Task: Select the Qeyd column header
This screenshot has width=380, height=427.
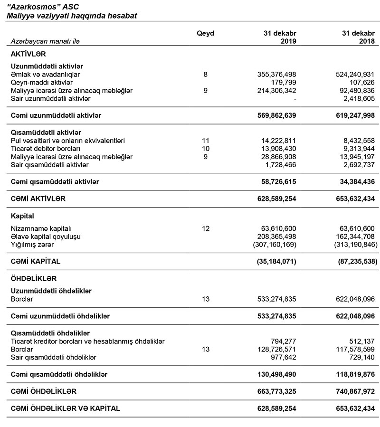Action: click(x=205, y=33)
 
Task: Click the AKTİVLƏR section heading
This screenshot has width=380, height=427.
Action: click(x=28, y=55)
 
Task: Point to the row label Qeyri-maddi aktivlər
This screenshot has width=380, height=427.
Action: click(x=41, y=83)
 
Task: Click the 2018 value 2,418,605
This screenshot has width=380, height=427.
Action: click(x=354, y=98)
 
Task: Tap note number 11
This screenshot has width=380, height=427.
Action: click(x=205, y=141)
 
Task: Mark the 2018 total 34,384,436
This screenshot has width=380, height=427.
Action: click(x=352, y=181)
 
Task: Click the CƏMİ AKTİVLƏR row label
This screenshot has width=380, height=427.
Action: click(x=38, y=199)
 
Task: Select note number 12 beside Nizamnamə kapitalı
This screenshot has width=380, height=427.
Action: click(x=205, y=228)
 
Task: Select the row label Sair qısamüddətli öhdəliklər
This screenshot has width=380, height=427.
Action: click(x=53, y=357)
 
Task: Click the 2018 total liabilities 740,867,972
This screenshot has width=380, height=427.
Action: click(x=350, y=391)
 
